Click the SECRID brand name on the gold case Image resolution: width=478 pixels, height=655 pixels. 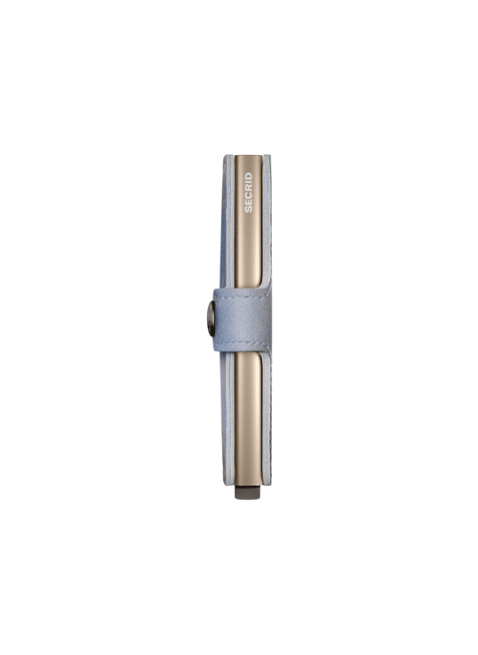(249, 192)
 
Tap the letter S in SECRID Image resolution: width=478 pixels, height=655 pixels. (249, 209)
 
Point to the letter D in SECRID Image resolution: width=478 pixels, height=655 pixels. (249, 175)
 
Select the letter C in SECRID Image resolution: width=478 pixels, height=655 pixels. (249, 196)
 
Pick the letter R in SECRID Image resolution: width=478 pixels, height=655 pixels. (249, 189)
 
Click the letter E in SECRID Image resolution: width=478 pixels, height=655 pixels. (249, 203)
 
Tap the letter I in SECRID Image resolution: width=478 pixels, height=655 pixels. (249, 182)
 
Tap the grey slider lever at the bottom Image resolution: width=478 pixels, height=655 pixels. (248, 492)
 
